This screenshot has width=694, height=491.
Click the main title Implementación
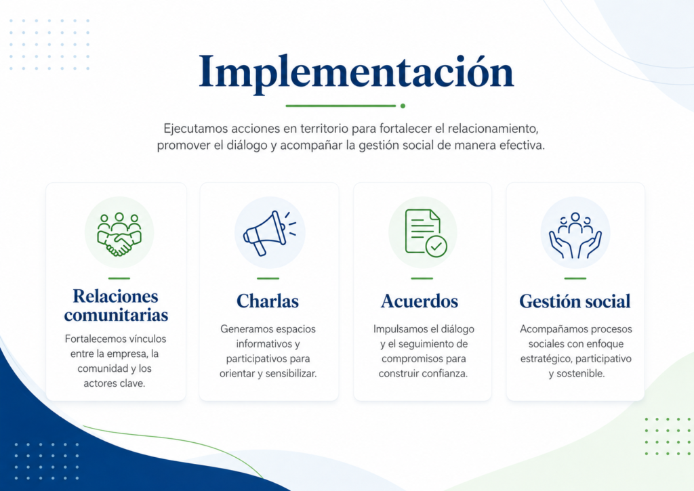click(356, 72)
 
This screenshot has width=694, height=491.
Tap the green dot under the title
click(403, 106)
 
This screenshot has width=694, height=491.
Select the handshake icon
click(119, 234)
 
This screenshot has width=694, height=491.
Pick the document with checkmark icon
click(426, 233)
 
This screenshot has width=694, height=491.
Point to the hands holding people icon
click(575, 235)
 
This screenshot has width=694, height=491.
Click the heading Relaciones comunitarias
click(116, 305)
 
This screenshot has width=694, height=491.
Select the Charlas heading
click(268, 301)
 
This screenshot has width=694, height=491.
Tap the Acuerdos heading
click(420, 301)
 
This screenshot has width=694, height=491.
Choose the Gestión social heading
click(575, 301)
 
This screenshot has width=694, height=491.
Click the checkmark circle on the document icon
click(436, 246)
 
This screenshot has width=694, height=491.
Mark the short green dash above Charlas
click(268, 278)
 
